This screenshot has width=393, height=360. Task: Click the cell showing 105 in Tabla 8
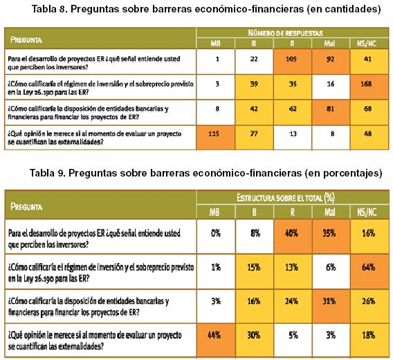point(292,62)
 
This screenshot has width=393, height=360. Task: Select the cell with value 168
point(369,87)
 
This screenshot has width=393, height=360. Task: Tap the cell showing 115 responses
point(216,138)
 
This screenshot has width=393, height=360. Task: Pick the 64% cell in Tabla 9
point(369,271)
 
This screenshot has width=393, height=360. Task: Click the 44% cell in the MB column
point(216,340)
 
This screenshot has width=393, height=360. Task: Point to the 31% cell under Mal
point(331,306)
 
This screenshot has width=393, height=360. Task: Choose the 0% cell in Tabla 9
point(216,237)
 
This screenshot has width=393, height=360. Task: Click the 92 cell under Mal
point(331,62)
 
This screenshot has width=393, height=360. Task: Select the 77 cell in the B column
point(254,138)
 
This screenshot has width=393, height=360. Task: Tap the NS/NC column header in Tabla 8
point(369,44)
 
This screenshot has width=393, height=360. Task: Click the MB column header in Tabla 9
point(216,213)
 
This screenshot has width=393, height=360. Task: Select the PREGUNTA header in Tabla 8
point(26,40)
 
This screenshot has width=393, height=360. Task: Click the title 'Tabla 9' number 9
point(61,173)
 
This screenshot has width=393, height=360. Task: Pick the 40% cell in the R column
point(293,237)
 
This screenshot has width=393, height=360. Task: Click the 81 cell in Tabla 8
point(331,112)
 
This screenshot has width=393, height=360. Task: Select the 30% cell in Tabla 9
point(254,340)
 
